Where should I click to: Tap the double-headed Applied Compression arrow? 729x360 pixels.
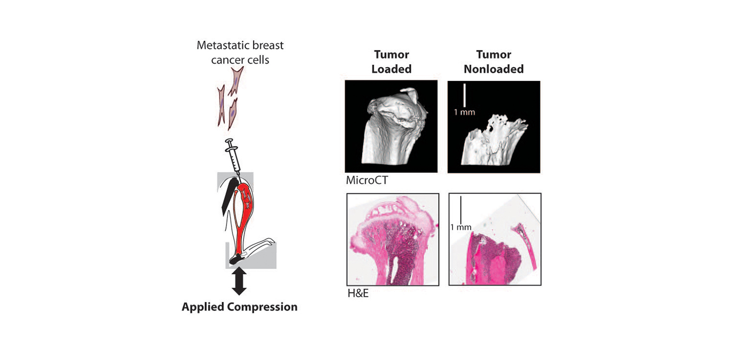click(239, 281)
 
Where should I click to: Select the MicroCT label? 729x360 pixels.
click(367, 180)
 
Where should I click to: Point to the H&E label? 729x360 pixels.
click(358, 293)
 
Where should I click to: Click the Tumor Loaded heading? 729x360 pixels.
click(391, 61)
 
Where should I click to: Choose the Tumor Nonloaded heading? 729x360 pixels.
click(493, 61)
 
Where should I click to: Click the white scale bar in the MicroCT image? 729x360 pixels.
click(464, 95)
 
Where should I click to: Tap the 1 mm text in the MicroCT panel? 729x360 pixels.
click(464, 112)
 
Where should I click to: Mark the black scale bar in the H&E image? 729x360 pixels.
click(460, 209)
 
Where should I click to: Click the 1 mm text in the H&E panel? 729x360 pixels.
click(461, 227)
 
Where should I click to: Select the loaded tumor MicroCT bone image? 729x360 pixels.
click(391, 126)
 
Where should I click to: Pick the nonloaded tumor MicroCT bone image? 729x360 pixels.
click(493, 127)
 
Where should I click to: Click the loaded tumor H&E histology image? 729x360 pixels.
click(393, 239)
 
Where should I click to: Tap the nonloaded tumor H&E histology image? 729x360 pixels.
click(495, 239)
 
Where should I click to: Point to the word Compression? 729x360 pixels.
click(262, 307)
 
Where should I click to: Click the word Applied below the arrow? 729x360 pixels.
click(203, 307)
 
